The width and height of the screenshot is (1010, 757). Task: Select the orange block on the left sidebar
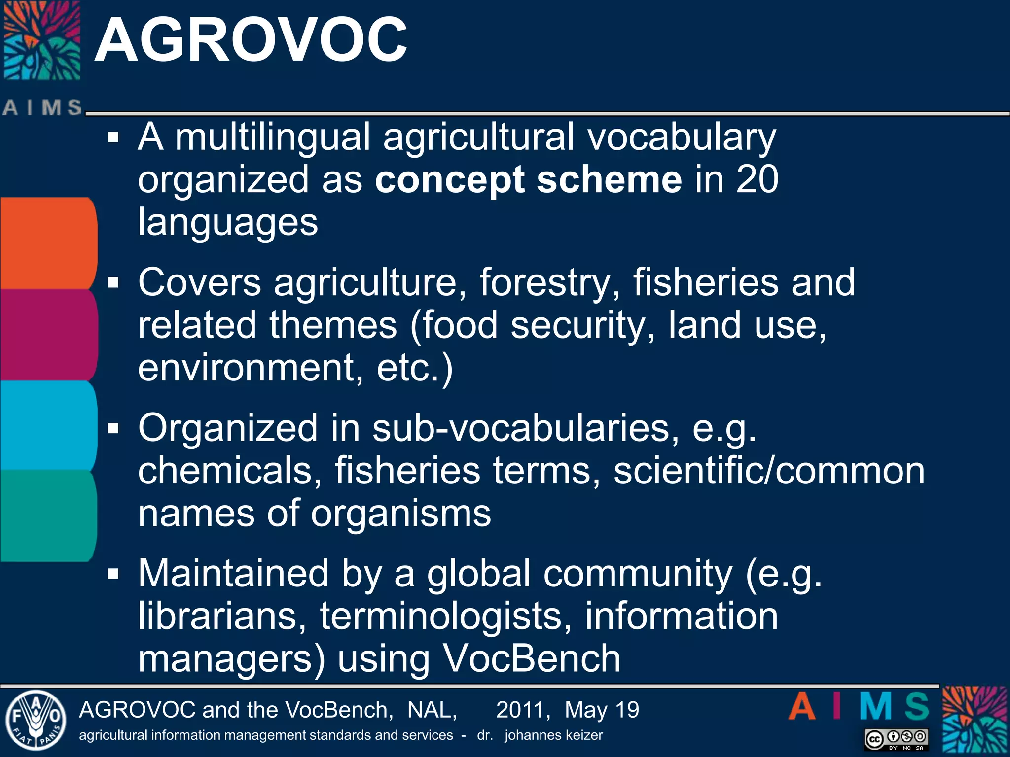[x=48, y=243]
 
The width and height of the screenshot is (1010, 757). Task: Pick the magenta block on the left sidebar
[x=48, y=335]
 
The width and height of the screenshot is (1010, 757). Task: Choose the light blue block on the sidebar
[x=48, y=425]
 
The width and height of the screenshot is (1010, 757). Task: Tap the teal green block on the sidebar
[x=48, y=516]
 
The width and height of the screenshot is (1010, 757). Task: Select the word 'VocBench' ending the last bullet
[x=531, y=658]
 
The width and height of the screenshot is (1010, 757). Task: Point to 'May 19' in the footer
[x=602, y=710]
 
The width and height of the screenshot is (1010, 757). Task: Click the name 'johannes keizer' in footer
[x=553, y=735]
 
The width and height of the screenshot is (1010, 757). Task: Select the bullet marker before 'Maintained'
[x=113, y=574]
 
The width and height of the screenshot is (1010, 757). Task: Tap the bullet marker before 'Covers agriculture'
[x=113, y=283]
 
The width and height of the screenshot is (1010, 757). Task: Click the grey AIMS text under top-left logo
[x=42, y=107]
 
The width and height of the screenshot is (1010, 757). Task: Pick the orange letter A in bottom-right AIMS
[x=802, y=707]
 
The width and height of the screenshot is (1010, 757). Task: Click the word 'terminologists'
[x=445, y=616]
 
